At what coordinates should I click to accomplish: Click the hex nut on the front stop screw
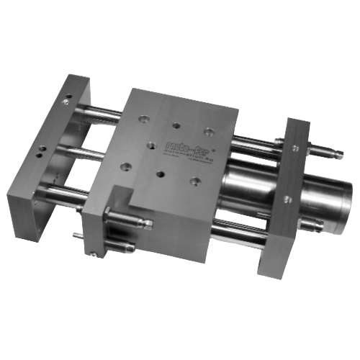109,213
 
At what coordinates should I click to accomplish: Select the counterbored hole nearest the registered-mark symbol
207,131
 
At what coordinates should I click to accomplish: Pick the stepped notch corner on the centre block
133,193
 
